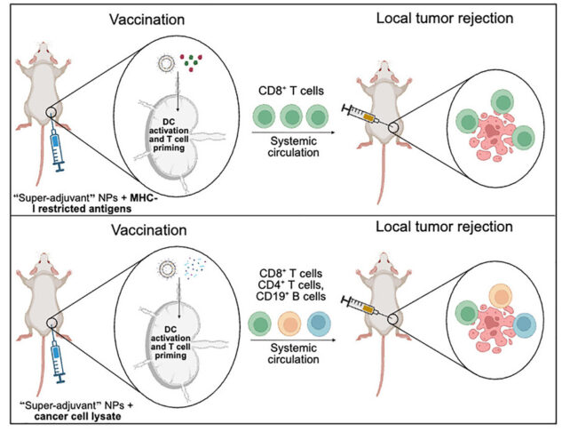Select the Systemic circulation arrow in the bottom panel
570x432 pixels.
pos(291,341)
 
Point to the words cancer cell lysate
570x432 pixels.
pos(62,416)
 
